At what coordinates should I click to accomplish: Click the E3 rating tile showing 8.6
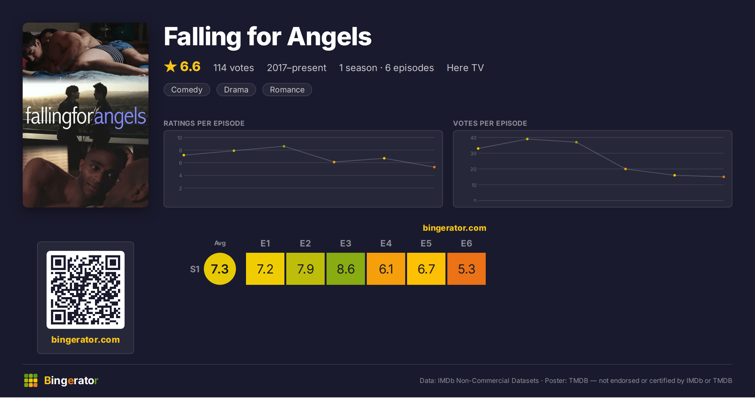[346, 269]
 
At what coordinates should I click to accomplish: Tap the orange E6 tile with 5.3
[467, 269]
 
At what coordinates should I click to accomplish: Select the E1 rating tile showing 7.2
[265, 269]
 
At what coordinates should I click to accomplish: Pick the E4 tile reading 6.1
[386, 269]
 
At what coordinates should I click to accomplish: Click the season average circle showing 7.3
[220, 269]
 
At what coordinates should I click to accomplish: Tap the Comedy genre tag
[187, 90]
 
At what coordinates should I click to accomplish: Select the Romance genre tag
[287, 90]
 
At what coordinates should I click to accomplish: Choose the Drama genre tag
[236, 90]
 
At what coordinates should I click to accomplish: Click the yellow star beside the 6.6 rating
[171, 66]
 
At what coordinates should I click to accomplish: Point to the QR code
[86, 290]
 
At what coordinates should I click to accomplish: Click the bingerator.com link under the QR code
[86, 340]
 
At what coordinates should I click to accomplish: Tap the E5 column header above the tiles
[426, 243]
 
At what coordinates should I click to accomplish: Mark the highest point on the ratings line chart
[284, 146]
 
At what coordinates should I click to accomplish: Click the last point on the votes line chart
[724, 177]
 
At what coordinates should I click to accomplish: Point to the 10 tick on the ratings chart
[180, 138]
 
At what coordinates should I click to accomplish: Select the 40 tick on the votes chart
[473, 138]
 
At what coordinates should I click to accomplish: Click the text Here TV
[465, 68]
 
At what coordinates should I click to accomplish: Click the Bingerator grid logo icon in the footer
[31, 380]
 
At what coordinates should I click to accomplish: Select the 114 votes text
[233, 68]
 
